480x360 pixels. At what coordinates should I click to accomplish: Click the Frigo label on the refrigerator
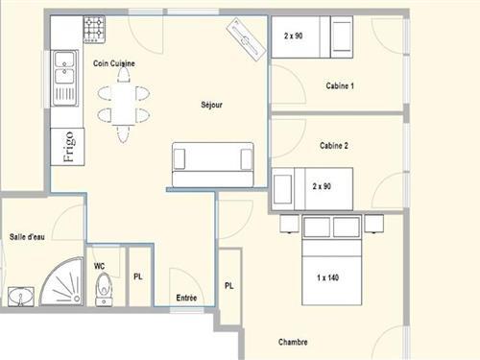(68, 147)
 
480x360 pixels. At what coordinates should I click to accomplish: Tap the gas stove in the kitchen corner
(94, 30)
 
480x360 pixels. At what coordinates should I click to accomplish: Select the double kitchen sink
(65, 78)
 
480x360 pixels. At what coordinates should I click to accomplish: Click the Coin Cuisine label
(114, 63)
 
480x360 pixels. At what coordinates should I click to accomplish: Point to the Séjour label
(211, 105)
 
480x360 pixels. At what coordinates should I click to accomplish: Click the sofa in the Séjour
(213, 165)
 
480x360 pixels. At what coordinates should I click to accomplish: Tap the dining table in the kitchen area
(123, 104)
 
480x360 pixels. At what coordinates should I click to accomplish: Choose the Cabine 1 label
(340, 85)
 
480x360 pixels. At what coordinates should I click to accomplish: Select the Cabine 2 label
(334, 146)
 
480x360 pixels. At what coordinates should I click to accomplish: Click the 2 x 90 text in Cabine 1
(294, 36)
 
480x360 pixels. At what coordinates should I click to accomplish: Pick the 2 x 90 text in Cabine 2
(322, 186)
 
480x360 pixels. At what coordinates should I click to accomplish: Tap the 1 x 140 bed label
(328, 277)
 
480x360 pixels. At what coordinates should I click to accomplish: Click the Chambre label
(293, 342)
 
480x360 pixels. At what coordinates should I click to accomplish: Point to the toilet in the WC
(104, 290)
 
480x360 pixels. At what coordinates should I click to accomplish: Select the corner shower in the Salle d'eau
(61, 281)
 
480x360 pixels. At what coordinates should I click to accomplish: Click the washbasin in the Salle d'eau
(21, 297)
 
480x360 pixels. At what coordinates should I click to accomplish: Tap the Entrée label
(186, 298)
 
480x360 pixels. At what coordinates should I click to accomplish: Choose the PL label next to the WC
(138, 276)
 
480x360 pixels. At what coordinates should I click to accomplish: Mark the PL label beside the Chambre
(229, 286)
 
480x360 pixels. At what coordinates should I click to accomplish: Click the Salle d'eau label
(27, 237)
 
